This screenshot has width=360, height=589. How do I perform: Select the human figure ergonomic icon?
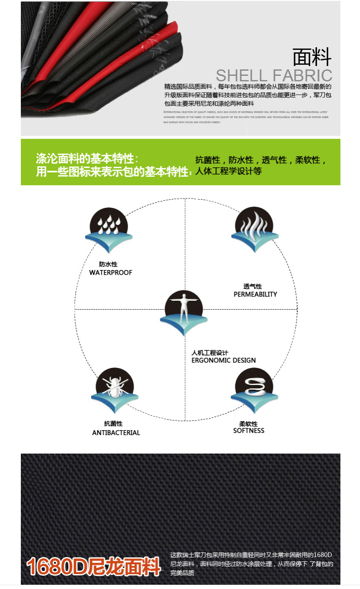point(184,313)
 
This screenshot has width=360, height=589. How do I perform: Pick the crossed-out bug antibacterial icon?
point(114,389)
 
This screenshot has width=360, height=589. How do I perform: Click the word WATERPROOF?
point(111,273)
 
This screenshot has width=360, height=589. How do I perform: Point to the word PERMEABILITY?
point(255,294)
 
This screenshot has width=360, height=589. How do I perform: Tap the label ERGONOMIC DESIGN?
point(223,360)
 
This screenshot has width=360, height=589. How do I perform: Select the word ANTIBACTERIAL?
point(116,433)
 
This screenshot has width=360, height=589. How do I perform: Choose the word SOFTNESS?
point(249,431)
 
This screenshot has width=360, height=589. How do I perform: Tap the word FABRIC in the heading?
point(303,75)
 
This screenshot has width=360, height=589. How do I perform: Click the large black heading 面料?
point(312,57)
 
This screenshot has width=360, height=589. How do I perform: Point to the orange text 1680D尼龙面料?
point(93,566)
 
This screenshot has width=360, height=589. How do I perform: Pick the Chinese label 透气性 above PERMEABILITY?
point(252,286)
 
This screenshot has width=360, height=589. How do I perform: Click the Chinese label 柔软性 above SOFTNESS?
point(248,424)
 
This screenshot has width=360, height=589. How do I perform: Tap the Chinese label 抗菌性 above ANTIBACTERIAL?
point(113,424)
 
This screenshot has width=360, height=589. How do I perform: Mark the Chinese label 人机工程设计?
point(210,353)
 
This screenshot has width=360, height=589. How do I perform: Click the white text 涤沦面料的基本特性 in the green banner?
point(85,159)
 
